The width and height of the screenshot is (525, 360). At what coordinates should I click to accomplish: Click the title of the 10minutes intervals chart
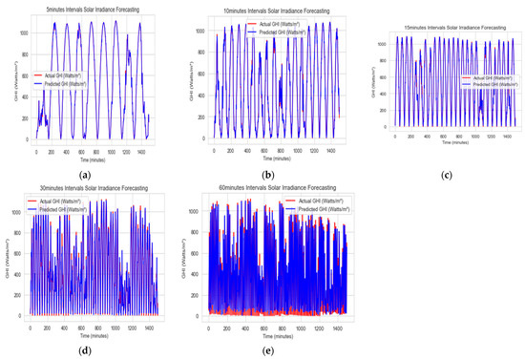[270, 11]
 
